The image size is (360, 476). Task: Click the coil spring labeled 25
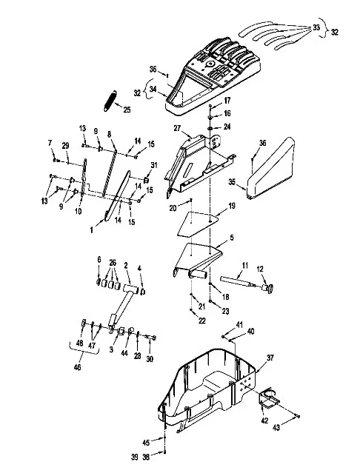click(110, 101)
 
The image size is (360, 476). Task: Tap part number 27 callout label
click(178, 128)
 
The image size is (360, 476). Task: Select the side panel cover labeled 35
click(271, 170)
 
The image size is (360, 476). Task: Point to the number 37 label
click(270, 358)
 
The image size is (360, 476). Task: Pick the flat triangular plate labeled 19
click(198, 224)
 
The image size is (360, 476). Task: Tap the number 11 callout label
click(245, 265)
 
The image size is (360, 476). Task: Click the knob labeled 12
click(267, 288)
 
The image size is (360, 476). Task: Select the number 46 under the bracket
click(78, 367)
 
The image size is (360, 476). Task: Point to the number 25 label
click(127, 110)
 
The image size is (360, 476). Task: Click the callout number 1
click(91, 230)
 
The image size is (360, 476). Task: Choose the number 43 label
click(276, 427)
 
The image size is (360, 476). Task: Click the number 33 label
click(316, 27)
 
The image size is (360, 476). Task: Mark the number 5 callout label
click(232, 238)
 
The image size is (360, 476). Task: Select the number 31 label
click(154, 165)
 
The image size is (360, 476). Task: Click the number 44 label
click(124, 353)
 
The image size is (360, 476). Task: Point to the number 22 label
click(202, 321)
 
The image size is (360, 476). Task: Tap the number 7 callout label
click(50, 143)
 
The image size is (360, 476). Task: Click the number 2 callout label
click(126, 265)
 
